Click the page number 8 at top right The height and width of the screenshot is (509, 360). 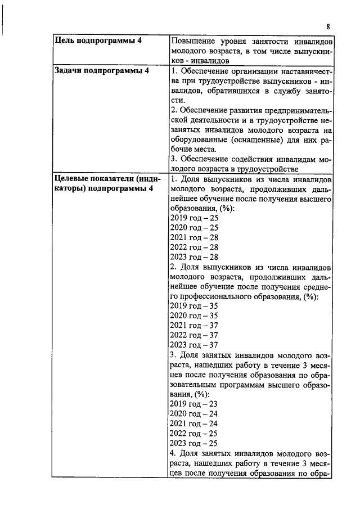pyautogui.click(x=328, y=26)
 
